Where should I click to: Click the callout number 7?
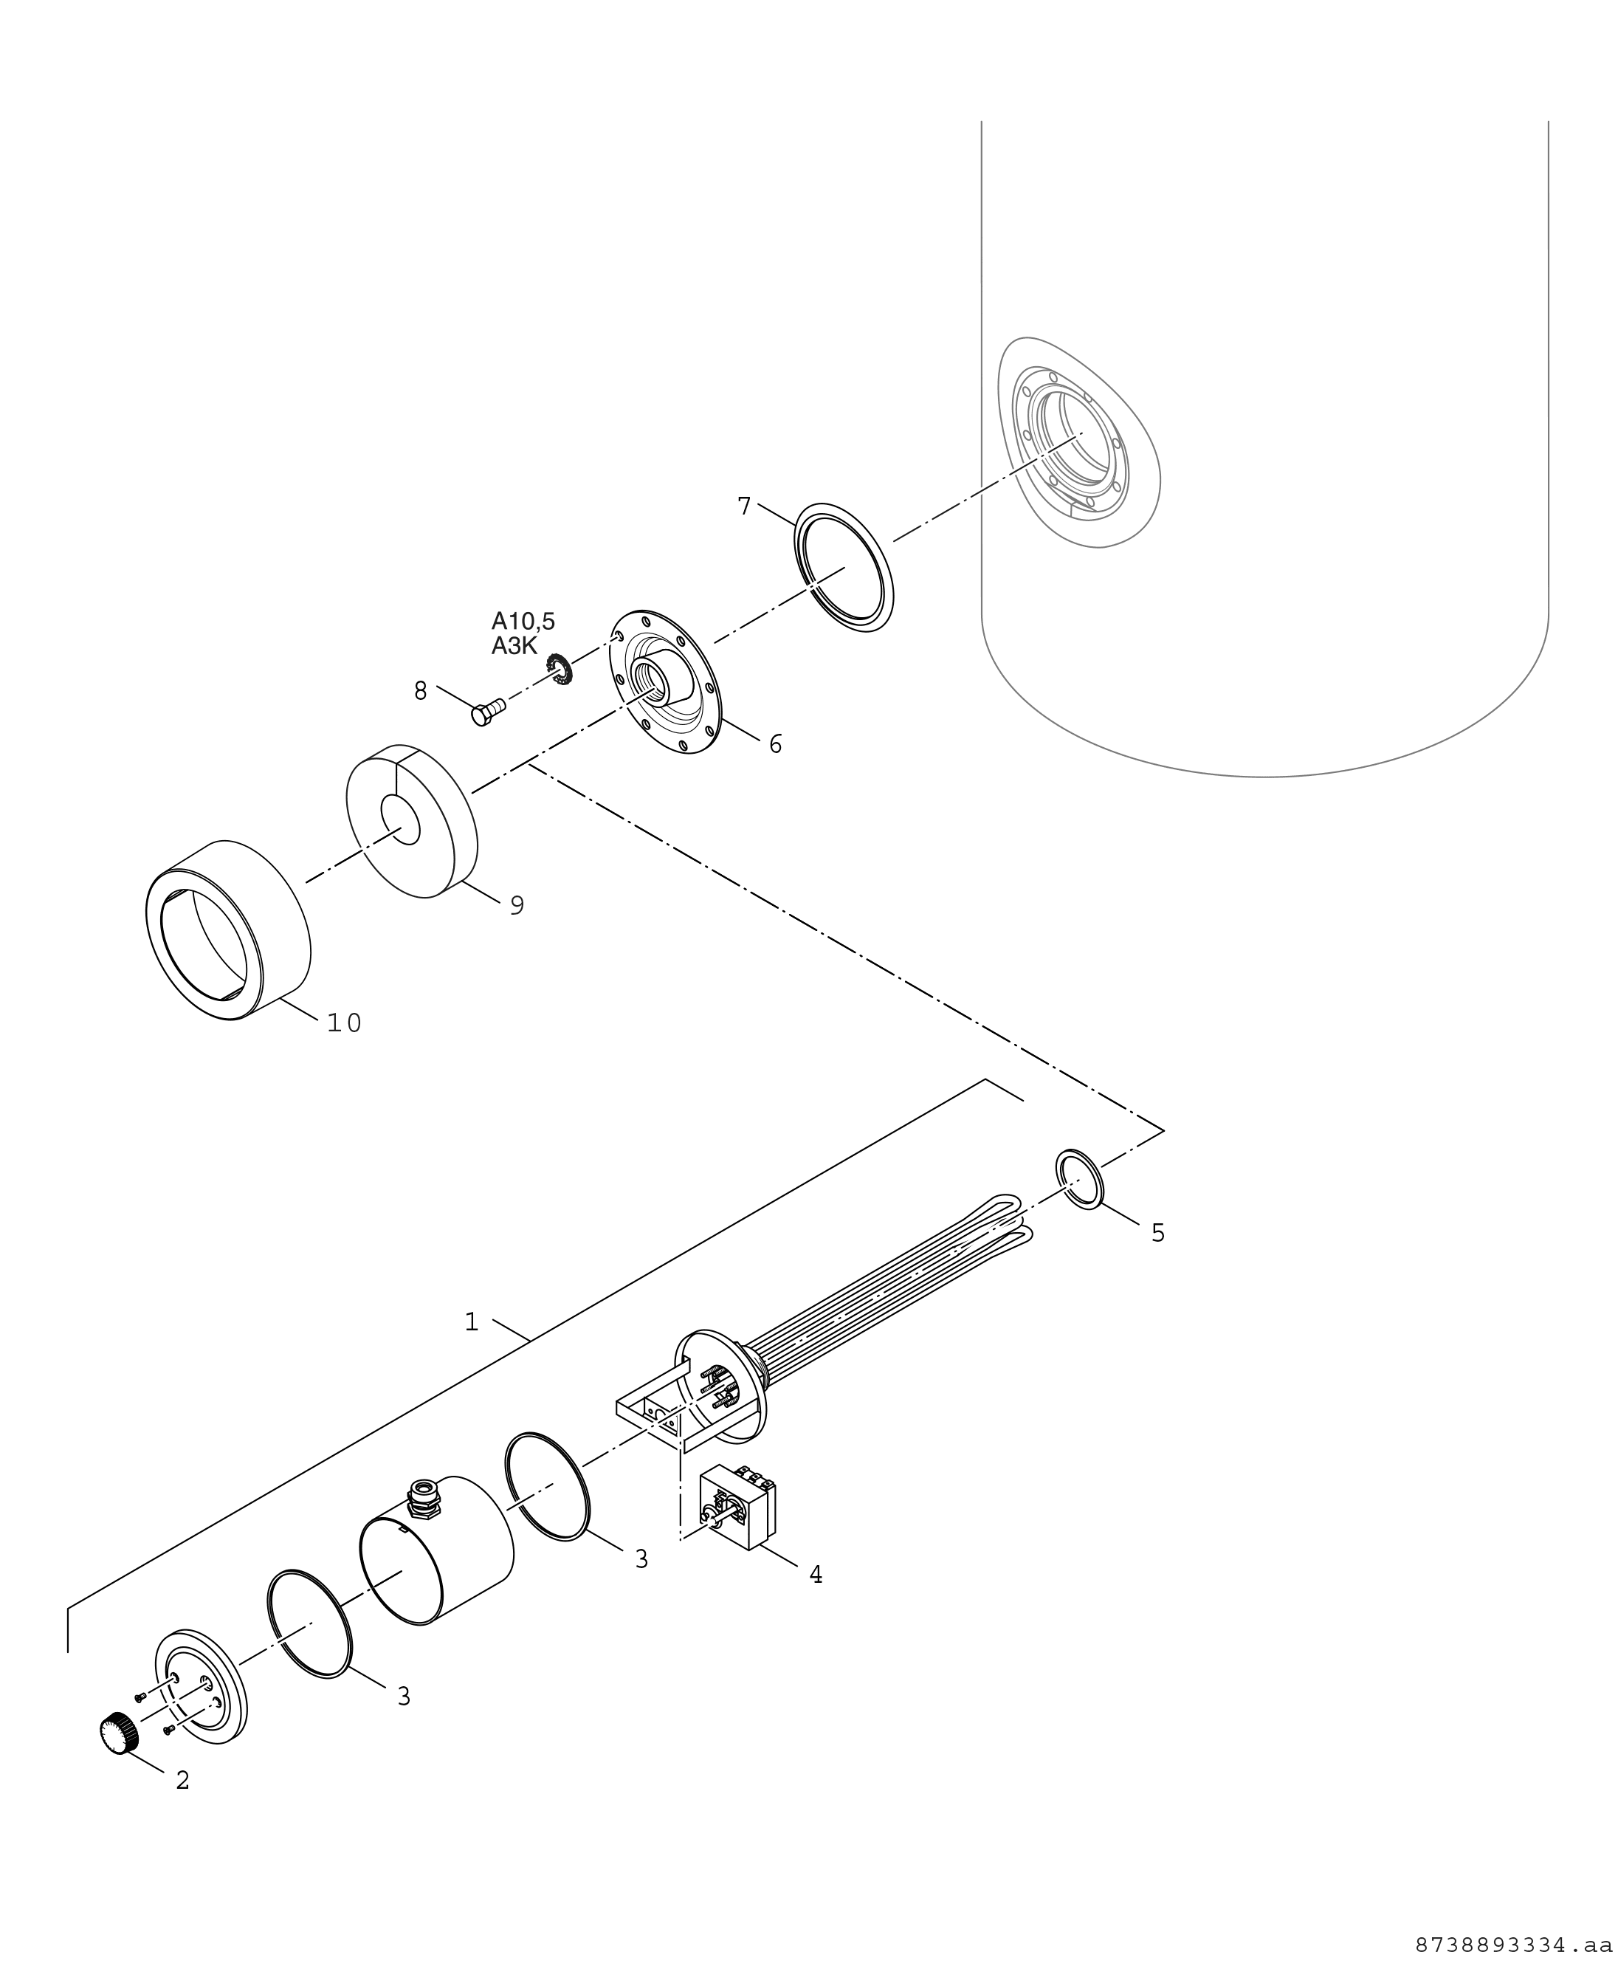pyautogui.click(x=744, y=506)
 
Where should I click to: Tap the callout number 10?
pyautogui.click(x=344, y=1022)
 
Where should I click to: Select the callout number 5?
pyautogui.click(x=1157, y=1234)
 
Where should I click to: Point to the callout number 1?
pyautogui.click(x=472, y=1321)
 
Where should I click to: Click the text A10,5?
pyautogui.click(x=523, y=621)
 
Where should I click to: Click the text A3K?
pyautogui.click(x=514, y=646)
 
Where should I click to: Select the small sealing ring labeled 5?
pyautogui.click(x=1079, y=1180)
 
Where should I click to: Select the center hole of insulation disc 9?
pyautogui.click(x=401, y=821)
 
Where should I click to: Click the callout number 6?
pyautogui.click(x=776, y=744)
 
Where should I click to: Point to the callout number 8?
pyautogui.click(x=420, y=691)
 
